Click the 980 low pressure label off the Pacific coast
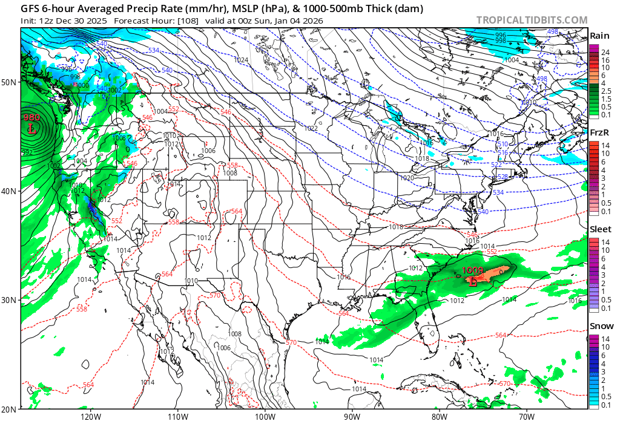31,117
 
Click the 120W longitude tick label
90,416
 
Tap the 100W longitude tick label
265,416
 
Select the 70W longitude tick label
527,416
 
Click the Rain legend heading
599,35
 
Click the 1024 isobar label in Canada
241,60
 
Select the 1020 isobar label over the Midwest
407,178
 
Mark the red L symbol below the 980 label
32,128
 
